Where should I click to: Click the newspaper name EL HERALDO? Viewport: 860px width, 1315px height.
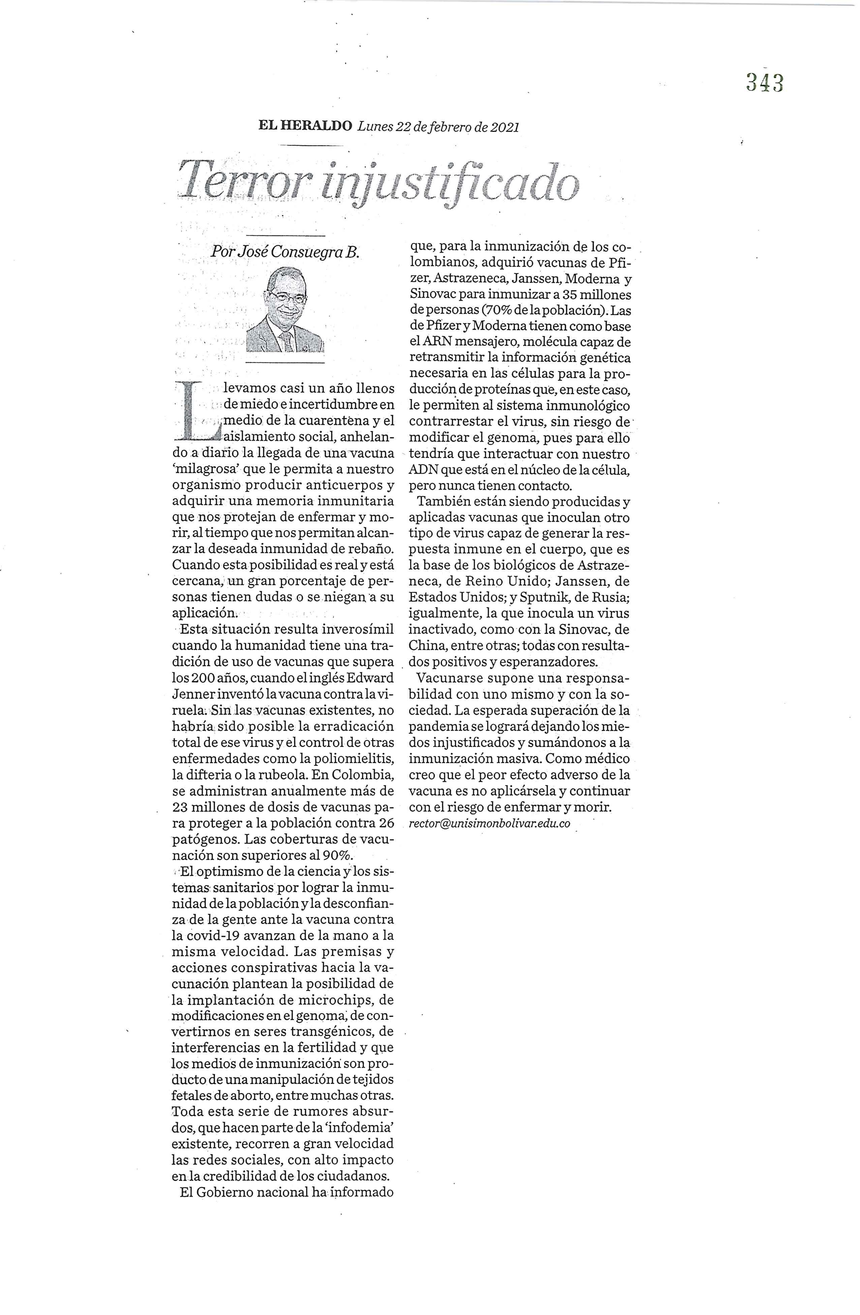(x=305, y=126)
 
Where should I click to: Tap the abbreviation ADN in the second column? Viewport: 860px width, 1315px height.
(x=422, y=471)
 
